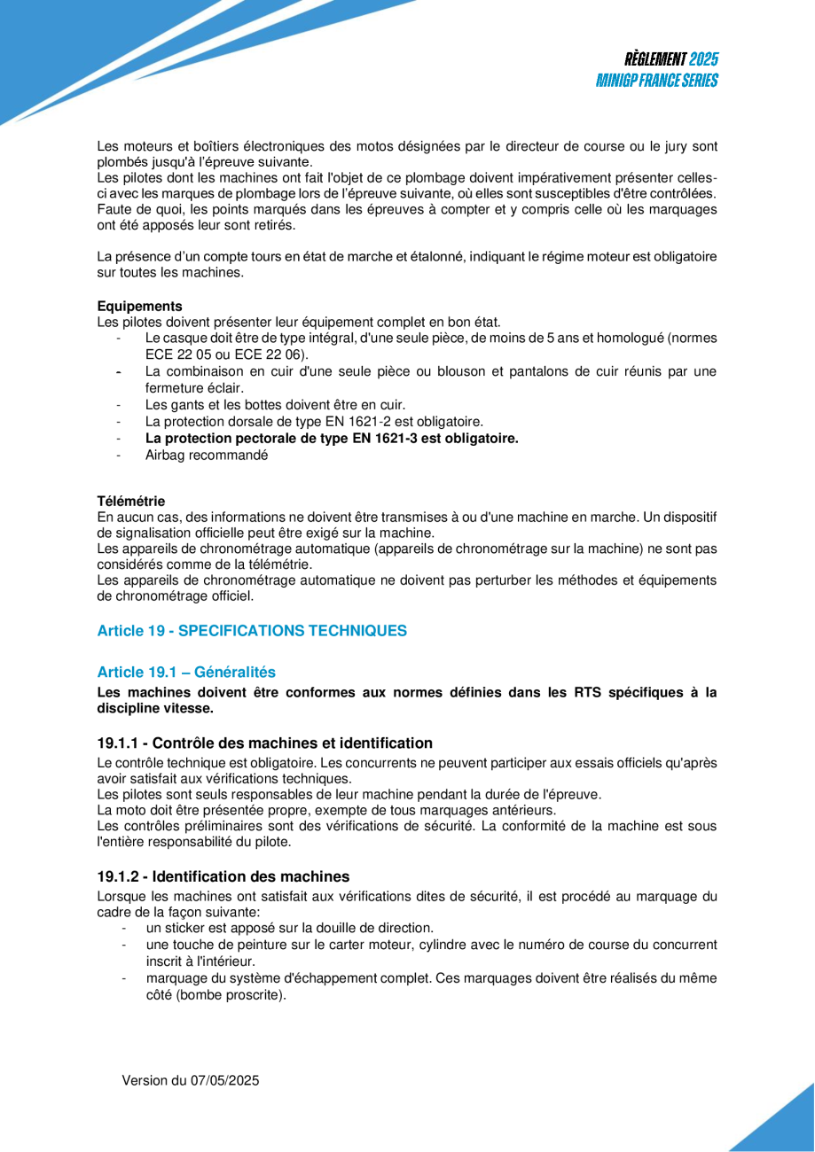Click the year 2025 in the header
[x=703, y=59]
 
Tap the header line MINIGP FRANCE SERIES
[x=657, y=81]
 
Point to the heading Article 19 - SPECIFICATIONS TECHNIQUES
[x=252, y=631]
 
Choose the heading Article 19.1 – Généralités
[x=186, y=672]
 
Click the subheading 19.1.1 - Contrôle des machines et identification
[x=265, y=743]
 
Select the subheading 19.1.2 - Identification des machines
[x=223, y=876]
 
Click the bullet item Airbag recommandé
[x=207, y=455]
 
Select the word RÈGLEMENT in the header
[x=654, y=59]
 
